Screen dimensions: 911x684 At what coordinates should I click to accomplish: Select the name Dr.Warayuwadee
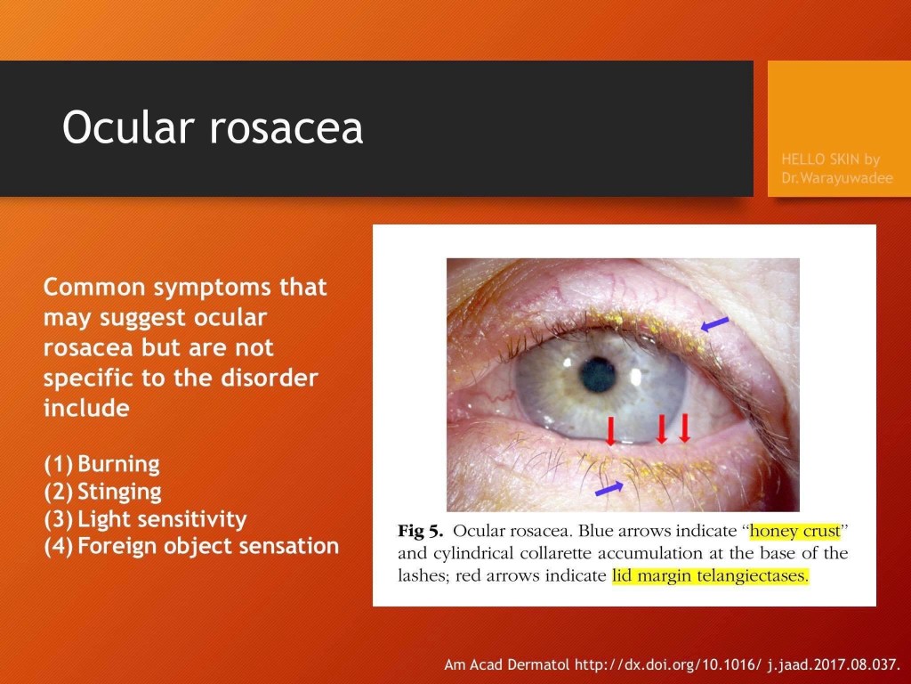coord(836,178)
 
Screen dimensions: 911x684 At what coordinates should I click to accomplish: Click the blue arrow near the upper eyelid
coord(714,324)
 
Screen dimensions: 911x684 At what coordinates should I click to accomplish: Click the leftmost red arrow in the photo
coord(610,431)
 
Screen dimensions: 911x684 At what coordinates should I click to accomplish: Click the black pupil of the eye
coord(598,375)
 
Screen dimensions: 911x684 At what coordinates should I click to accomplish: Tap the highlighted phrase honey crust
coord(794,531)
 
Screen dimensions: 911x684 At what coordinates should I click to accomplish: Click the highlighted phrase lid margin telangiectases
coord(710,576)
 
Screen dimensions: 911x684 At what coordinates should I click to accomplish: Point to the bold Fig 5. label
coord(421,531)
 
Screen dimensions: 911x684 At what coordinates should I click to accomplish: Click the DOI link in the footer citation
coord(738,664)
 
